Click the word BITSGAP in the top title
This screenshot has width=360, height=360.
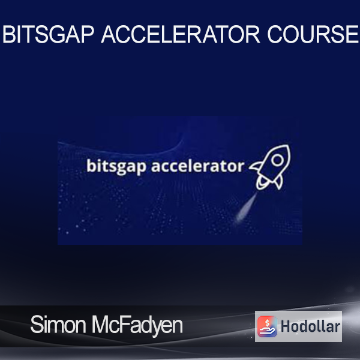tap(48, 34)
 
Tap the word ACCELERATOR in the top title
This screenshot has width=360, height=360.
tap(181, 34)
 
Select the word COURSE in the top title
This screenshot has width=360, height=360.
tap(313, 34)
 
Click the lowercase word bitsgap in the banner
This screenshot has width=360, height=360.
tap(116, 166)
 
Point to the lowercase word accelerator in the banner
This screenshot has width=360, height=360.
tap(197, 166)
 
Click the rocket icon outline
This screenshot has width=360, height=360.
tap(271, 167)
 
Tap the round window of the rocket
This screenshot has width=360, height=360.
tap(277, 160)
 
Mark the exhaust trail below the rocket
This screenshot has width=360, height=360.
tap(245, 208)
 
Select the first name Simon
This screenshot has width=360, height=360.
tap(58, 325)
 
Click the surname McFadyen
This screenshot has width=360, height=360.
tap(137, 326)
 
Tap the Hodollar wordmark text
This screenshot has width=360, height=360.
tap(310, 326)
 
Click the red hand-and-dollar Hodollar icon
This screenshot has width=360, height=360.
tap(267, 326)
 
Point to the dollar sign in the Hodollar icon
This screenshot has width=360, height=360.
tap(267, 323)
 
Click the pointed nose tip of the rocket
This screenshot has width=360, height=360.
tap(289, 146)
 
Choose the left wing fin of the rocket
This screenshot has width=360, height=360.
tap(256, 166)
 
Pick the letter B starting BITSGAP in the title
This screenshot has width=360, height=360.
tap(8, 34)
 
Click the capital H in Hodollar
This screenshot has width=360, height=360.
tap(285, 326)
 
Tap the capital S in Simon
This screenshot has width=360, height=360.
tap(37, 325)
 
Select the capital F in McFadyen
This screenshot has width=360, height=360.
tap(124, 325)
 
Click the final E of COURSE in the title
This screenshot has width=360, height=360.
tap(352, 34)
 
